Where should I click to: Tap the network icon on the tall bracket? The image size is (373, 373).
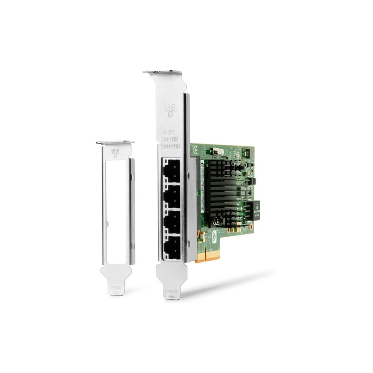coord(170,111)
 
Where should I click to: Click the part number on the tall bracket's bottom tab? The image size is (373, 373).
coord(171,289)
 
